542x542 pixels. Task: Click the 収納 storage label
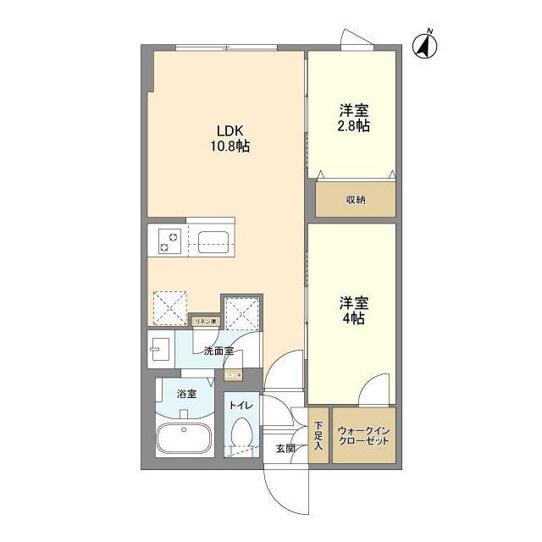point(356,200)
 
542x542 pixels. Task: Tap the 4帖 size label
point(354,318)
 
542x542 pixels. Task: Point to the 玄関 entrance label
point(285,448)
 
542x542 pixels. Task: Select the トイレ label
point(241,406)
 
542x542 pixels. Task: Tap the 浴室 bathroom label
point(186,394)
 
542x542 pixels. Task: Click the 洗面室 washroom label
point(218,351)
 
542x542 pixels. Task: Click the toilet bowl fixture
point(241,434)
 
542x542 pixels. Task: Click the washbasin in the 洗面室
point(160,347)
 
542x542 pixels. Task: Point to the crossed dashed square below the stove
point(169,307)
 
